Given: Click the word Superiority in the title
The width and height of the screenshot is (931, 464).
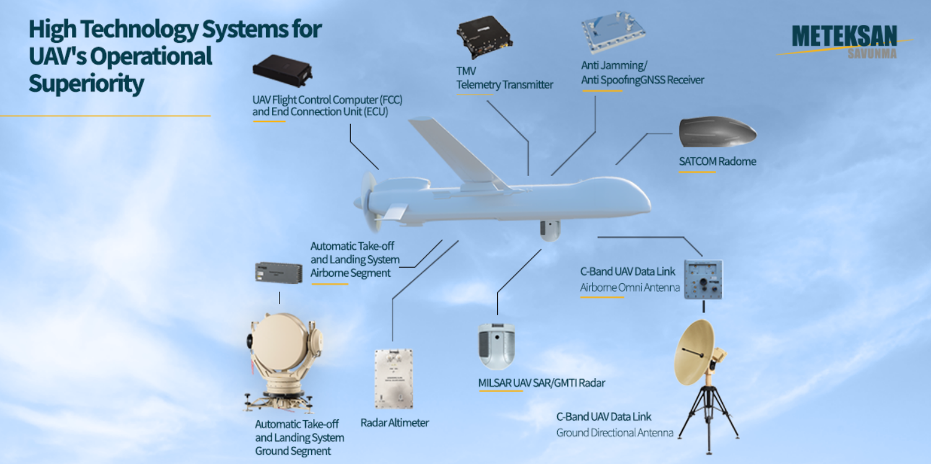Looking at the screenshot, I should pos(86,84).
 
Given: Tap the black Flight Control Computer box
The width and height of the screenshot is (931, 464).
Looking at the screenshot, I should pos(282,71).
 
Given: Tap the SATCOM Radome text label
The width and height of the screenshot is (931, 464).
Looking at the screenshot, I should pos(717,162).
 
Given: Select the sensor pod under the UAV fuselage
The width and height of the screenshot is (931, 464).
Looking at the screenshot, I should pos(549,229).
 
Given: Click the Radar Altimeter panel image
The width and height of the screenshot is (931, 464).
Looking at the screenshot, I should pos(393,379).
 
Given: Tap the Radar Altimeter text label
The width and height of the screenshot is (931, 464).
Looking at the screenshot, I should pos(395,423).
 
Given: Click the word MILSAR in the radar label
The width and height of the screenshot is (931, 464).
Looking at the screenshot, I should pos(495,383).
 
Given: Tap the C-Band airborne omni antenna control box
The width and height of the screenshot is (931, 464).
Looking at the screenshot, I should pos(703,279).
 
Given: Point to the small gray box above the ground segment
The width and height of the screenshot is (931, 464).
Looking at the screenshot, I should pos(278,273).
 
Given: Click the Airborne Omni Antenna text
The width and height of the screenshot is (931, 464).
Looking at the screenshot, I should pos(630,287).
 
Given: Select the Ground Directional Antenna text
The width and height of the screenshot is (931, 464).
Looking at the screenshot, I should pos(614,433).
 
